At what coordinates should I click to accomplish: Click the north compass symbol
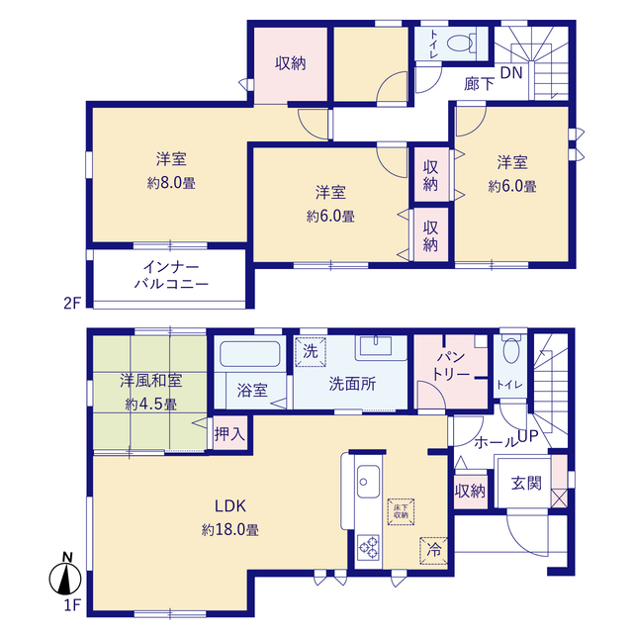point(65,574)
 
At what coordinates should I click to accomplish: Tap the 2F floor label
point(72,303)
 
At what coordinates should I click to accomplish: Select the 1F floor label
point(72,605)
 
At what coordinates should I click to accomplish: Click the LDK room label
point(230,505)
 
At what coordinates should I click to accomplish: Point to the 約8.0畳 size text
point(171,183)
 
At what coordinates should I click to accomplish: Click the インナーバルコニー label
point(171,275)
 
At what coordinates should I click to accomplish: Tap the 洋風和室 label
point(151,381)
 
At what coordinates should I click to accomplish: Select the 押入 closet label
point(229,434)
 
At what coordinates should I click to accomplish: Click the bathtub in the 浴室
point(250,354)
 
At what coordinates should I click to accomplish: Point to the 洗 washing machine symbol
point(311,352)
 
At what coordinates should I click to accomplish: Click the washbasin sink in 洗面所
point(376,345)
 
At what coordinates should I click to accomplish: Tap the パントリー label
point(451,366)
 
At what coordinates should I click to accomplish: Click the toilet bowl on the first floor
point(511,349)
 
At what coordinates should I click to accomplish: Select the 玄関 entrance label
point(526,483)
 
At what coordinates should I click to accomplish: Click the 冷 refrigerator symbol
point(433,551)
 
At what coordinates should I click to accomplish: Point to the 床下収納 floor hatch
point(401,512)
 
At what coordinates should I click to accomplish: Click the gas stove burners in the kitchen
point(369,547)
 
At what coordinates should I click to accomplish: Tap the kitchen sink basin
point(368,482)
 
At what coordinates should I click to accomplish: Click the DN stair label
point(511,72)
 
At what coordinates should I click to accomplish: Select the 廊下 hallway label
point(479,84)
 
